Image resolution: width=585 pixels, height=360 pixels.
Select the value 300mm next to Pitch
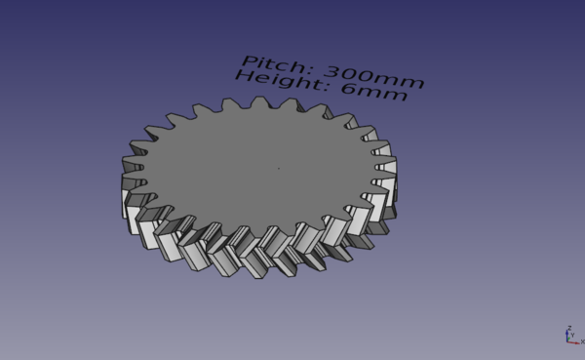pos(374,77)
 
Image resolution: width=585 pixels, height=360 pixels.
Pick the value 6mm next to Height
pos(374,93)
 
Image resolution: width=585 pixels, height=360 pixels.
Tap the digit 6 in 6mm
pos(349,88)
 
